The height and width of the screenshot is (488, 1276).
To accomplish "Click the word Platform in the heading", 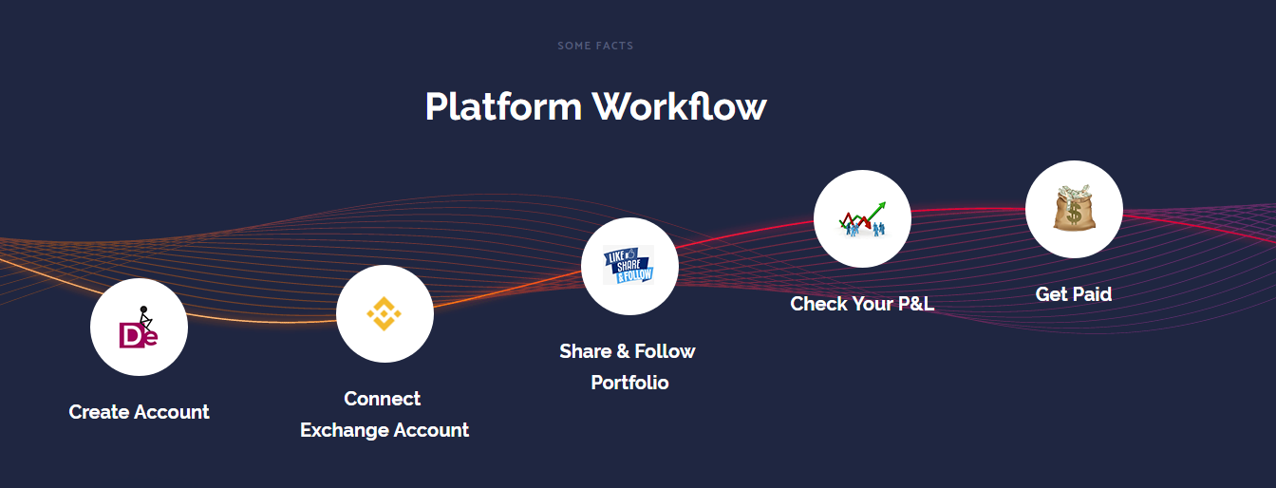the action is click(x=503, y=106).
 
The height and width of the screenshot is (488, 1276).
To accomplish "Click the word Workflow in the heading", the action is click(x=679, y=106).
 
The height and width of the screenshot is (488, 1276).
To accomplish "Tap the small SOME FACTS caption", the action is click(x=595, y=46).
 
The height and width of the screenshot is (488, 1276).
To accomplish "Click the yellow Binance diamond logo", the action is click(x=385, y=313).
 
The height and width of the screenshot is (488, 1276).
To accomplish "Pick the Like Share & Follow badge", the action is click(x=629, y=265).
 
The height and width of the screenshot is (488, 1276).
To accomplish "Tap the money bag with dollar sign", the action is click(x=1075, y=208).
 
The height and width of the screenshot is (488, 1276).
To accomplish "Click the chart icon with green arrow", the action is click(x=862, y=219).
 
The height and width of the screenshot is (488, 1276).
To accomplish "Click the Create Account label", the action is click(x=139, y=412).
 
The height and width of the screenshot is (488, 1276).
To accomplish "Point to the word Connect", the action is click(x=383, y=399).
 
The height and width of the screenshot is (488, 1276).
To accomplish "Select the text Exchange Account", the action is click(x=385, y=430).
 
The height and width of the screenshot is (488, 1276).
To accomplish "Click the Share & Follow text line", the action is click(x=628, y=350).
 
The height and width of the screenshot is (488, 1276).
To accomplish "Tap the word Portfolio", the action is click(x=629, y=383).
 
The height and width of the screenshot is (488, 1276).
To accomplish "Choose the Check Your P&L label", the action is click(x=862, y=304).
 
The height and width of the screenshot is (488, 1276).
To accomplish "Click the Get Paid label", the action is click(x=1074, y=293).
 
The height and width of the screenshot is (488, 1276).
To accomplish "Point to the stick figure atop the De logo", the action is click(x=145, y=318).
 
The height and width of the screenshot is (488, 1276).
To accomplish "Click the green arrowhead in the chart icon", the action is click(x=881, y=206).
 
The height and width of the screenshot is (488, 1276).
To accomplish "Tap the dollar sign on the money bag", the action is click(x=1074, y=215).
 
